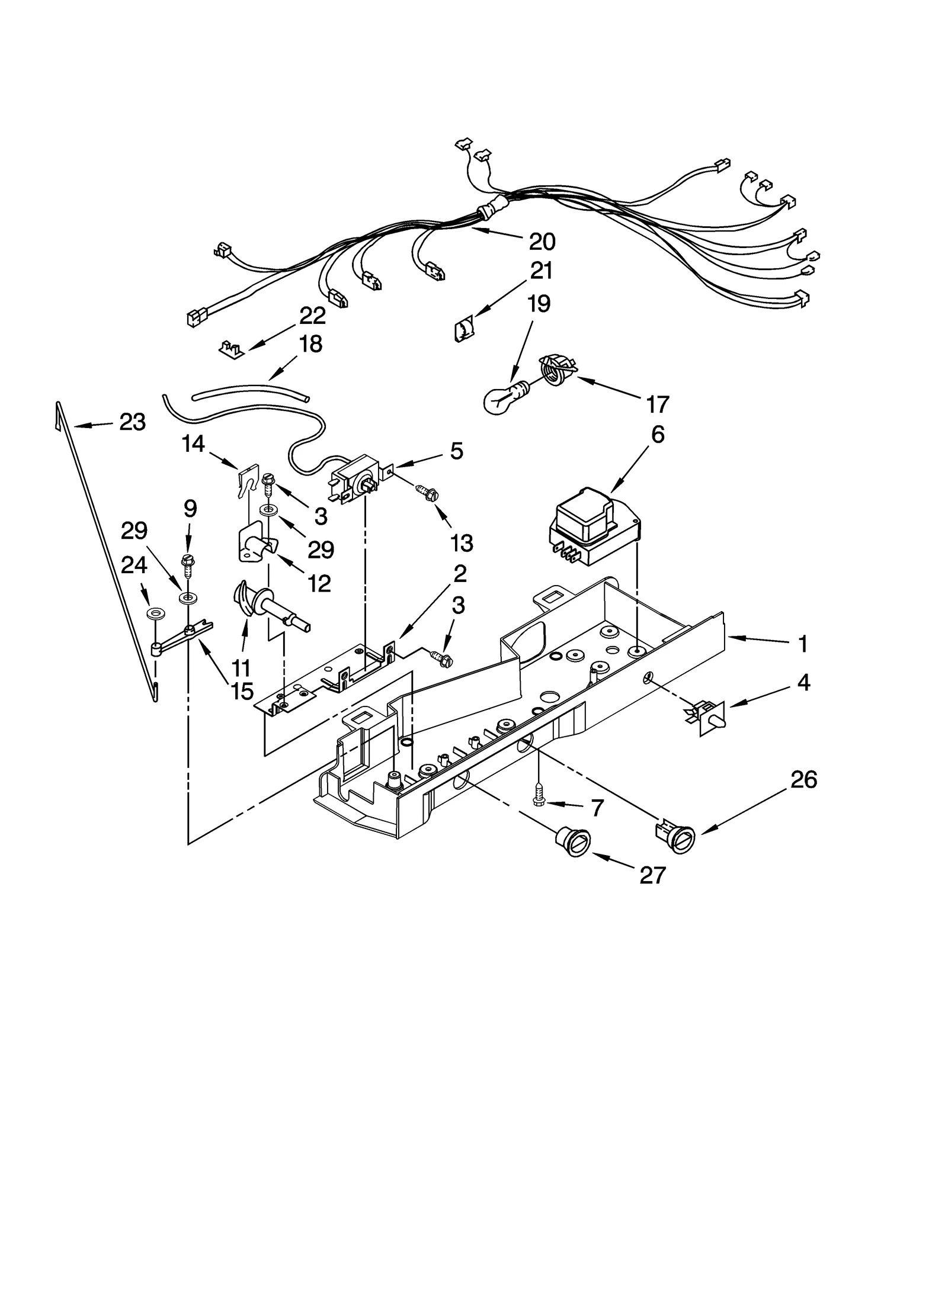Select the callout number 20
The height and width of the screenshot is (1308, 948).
pos(542,242)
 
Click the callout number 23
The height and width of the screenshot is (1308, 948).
pos(132,422)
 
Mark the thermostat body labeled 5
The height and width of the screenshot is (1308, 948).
pos(354,477)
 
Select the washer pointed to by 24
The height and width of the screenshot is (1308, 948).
pos(157,612)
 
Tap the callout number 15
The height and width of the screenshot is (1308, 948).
pos(242,690)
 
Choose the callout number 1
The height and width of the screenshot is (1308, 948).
pos(802,644)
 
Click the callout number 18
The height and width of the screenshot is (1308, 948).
pos(310,344)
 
